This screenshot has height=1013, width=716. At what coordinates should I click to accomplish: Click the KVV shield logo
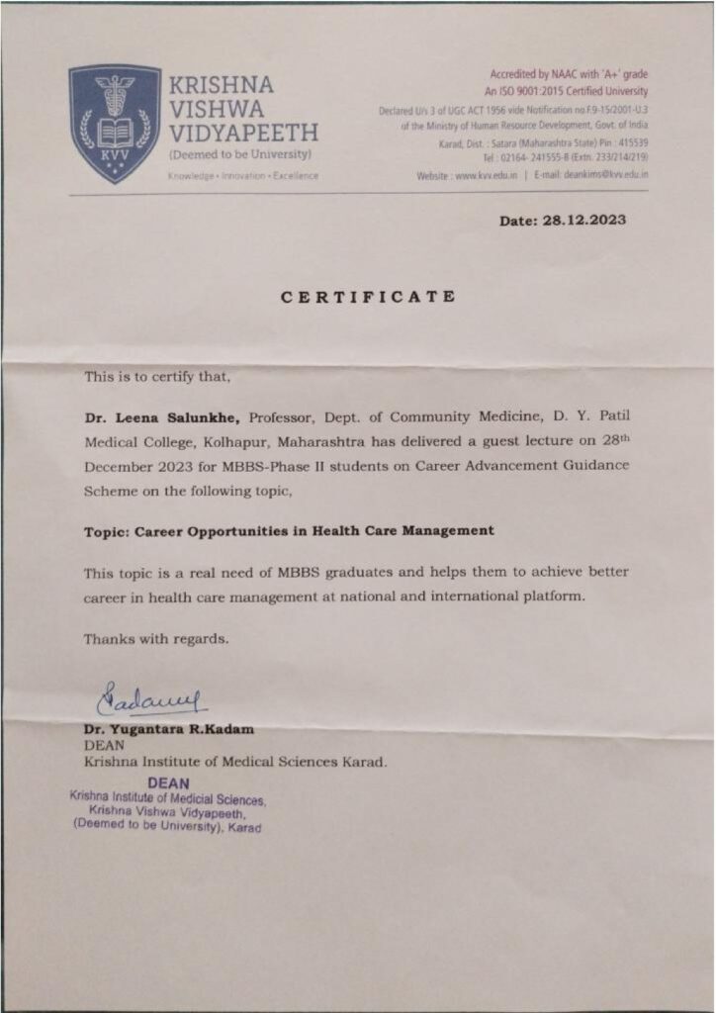click(114, 123)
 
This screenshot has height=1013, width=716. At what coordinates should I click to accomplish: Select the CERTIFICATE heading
click(368, 296)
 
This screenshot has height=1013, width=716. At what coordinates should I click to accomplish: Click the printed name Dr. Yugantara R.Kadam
click(168, 729)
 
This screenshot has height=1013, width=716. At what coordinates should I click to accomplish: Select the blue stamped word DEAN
click(168, 783)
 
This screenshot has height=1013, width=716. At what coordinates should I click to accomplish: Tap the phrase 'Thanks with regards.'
click(156, 638)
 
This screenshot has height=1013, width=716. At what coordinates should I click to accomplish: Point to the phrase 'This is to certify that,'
click(157, 376)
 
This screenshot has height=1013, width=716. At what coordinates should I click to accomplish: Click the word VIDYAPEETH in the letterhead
click(243, 133)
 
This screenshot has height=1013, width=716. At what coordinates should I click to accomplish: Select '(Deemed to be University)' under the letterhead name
click(240, 155)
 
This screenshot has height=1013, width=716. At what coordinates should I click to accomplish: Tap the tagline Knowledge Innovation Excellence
click(243, 176)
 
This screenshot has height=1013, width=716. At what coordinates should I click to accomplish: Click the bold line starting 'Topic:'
click(289, 530)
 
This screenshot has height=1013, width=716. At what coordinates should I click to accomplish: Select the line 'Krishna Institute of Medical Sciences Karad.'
click(235, 761)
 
